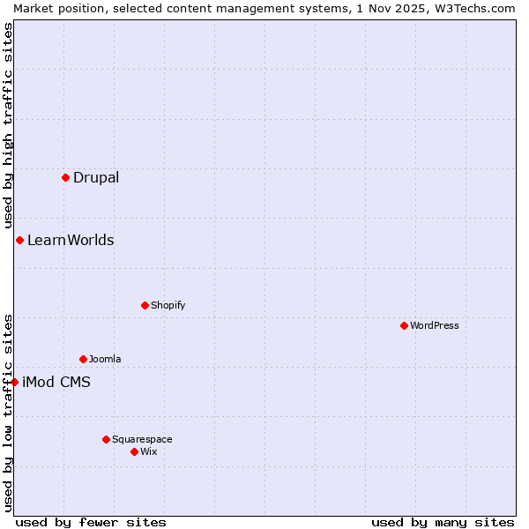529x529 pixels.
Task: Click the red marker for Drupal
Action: click(x=65, y=177)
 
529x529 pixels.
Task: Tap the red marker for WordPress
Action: click(x=404, y=325)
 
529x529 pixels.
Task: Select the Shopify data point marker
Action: click(x=145, y=305)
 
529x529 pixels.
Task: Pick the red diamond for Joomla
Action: click(x=83, y=359)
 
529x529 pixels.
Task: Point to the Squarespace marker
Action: click(x=106, y=439)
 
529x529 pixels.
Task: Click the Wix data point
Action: click(x=134, y=451)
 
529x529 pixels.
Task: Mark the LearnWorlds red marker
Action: click(x=19, y=240)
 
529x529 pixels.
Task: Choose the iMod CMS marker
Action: click(x=14, y=382)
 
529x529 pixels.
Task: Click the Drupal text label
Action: click(x=96, y=177)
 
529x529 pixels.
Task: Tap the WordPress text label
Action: click(x=435, y=325)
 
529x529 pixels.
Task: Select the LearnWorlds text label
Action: click(x=71, y=240)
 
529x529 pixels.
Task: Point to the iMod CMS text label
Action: click(x=56, y=382)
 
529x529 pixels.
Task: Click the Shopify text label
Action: click(x=168, y=305)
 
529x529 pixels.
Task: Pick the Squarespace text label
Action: click(x=142, y=439)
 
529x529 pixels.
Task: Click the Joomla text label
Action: click(x=105, y=359)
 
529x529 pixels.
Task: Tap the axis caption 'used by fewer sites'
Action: click(x=91, y=522)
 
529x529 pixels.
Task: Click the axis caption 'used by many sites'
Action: click(x=443, y=522)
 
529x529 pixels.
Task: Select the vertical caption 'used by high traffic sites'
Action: click(x=8, y=125)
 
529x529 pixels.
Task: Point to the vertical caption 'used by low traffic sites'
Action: click(x=8, y=412)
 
